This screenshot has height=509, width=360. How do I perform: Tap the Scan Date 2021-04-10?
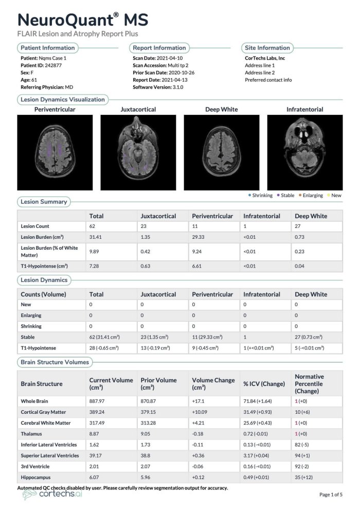click(170, 58)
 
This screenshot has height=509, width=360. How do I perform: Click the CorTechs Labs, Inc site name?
click(265, 58)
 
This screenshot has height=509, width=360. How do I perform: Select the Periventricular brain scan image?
click(55, 152)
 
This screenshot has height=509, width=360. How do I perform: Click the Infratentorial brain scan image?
click(304, 152)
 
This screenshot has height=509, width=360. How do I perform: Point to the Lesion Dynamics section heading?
click(44, 280)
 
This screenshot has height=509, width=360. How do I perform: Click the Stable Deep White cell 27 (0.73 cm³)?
click(308, 337)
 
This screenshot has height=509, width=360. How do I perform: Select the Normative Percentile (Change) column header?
click(309, 383)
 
